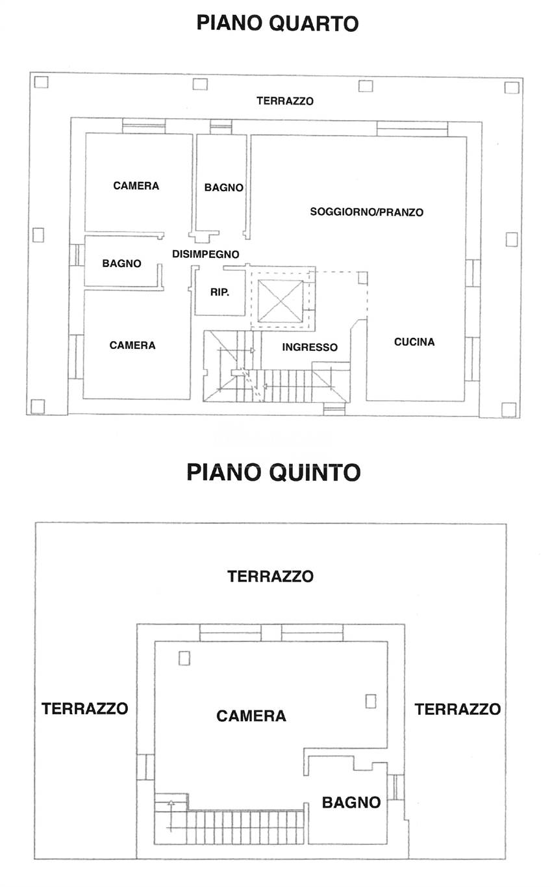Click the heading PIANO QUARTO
277,23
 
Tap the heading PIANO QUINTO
273,472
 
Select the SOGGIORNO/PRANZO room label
366,212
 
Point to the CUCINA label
414,342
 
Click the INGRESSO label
310,348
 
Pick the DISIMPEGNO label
206,254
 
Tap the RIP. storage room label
219,292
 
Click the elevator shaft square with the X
281,301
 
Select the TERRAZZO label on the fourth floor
285,101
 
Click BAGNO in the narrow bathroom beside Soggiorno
223,188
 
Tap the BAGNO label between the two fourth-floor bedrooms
121,264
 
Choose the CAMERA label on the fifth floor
251,716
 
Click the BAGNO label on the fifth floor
351,803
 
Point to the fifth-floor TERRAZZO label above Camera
270,576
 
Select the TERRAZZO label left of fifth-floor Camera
84,708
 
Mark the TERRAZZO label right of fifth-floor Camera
457,709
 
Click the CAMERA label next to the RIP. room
132,346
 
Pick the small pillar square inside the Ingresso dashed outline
362,277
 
